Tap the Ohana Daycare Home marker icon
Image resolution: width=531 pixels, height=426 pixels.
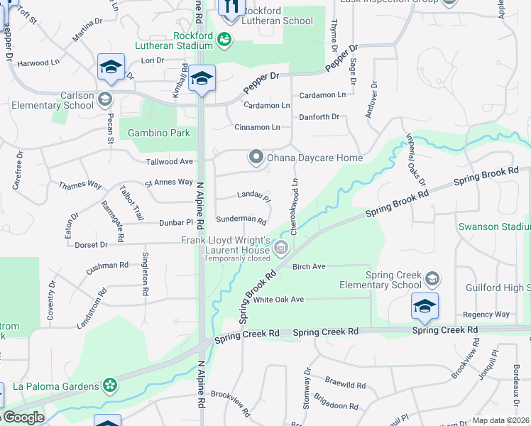tap(256, 157)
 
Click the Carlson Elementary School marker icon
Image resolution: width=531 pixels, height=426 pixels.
tap(106, 99)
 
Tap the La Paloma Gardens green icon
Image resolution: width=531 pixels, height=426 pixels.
tap(110, 386)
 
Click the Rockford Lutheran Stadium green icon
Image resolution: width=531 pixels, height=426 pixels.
tap(225, 38)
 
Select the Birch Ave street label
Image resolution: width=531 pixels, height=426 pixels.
tap(309, 266)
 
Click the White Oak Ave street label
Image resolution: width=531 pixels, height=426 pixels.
tap(278, 300)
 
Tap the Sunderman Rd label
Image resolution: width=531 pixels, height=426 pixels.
tap(241, 221)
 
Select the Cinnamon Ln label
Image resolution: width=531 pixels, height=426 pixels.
tap(257, 127)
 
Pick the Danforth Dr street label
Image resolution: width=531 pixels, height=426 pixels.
tap(319, 116)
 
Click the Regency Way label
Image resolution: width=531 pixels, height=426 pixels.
tap(486, 314)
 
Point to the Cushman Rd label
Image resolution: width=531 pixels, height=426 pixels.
tap(107, 268)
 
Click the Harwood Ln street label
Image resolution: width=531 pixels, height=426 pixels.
tap(38, 63)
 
